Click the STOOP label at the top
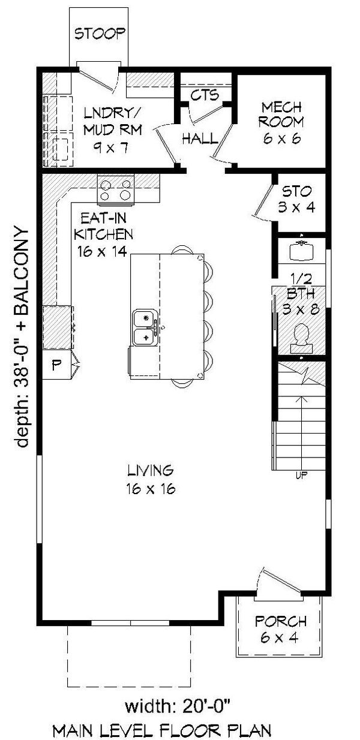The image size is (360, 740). [100, 33]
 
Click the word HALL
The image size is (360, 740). [200, 139]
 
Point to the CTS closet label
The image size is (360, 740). [205, 95]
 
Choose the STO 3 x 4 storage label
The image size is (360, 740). [297, 200]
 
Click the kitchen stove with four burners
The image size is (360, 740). [115, 189]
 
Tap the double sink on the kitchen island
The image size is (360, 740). [145, 328]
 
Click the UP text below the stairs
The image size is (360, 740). [302, 476]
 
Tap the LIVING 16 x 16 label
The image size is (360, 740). [150, 479]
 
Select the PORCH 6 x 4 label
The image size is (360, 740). [280, 628]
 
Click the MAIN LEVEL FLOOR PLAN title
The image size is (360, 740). [170, 730]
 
